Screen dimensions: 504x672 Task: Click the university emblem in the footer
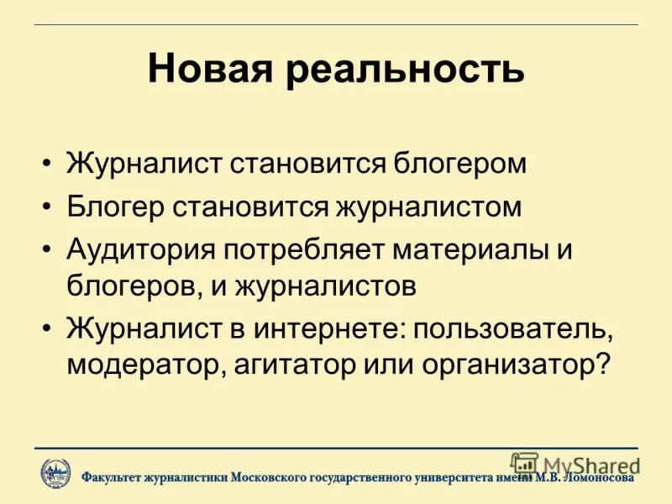[x=55, y=474]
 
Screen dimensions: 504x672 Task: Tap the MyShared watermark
[x=575, y=465]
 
